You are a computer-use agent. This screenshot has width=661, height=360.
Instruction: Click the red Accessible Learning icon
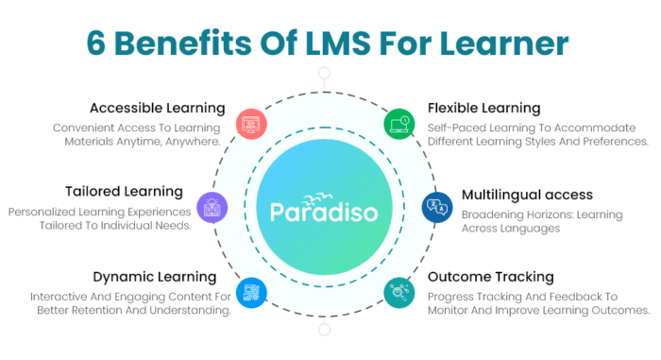coord(252,122)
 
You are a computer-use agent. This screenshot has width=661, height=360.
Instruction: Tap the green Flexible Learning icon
coord(398,122)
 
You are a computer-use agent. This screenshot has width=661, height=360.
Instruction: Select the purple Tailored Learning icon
coord(212,206)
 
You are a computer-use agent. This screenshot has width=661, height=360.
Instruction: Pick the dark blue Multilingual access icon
coord(437,207)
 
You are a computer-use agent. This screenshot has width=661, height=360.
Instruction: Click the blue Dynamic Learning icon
coord(251,291)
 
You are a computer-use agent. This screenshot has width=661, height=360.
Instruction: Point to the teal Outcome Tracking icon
coord(398,291)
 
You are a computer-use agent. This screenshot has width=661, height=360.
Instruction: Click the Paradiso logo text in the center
coord(325,210)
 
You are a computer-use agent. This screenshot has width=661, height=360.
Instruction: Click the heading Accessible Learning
coord(158,108)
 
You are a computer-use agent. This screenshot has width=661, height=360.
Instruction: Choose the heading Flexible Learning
coord(483,108)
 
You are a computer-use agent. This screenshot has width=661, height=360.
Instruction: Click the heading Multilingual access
coord(527,195)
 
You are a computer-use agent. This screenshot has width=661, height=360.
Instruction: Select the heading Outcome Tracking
coord(490,277)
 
